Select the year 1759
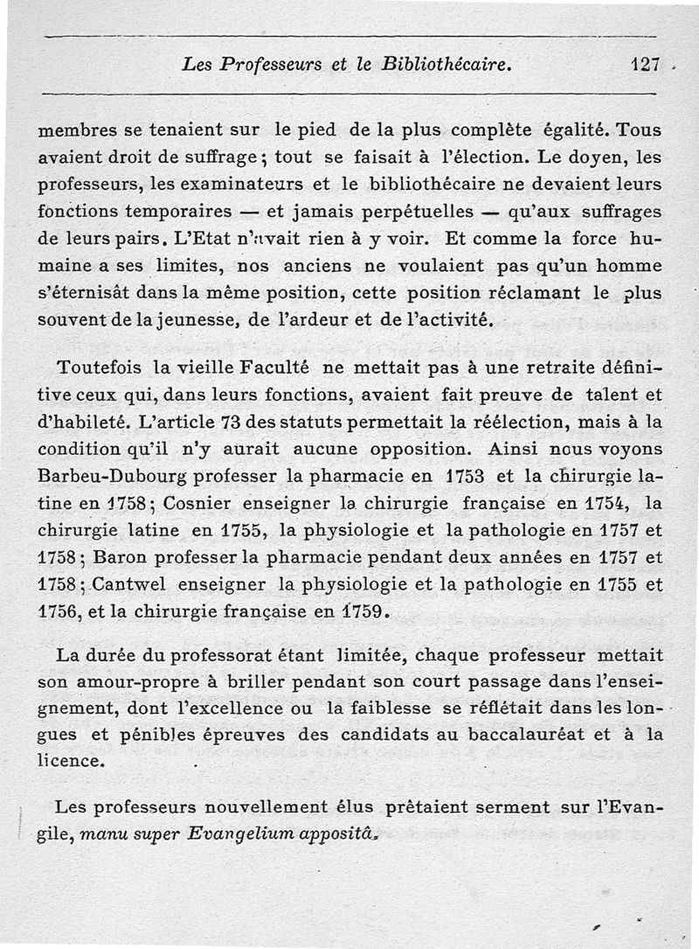[361, 611]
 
